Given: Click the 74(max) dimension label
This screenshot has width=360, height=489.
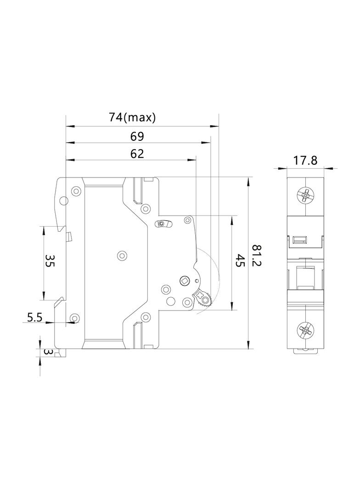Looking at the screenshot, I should (x=132, y=117).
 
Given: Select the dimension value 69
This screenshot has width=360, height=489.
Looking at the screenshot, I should (x=137, y=136).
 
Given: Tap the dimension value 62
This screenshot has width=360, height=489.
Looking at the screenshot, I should (x=137, y=154).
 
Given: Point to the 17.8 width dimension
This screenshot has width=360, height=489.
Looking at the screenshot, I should (x=305, y=161).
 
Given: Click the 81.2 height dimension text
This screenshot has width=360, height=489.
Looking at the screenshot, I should (x=257, y=262).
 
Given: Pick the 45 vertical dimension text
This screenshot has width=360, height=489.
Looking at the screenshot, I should (x=240, y=262).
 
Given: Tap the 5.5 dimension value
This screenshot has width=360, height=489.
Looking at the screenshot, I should (x=34, y=317).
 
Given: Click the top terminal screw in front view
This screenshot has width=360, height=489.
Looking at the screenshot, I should (x=305, y=196).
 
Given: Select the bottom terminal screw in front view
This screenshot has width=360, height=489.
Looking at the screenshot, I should (x=305, y=329).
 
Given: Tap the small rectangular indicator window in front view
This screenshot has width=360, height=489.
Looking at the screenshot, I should (x=299, y=239).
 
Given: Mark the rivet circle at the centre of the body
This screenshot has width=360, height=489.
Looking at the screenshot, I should (x=122, y=255).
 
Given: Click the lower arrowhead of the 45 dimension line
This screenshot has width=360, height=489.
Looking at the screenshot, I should (x=232, y=306).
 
